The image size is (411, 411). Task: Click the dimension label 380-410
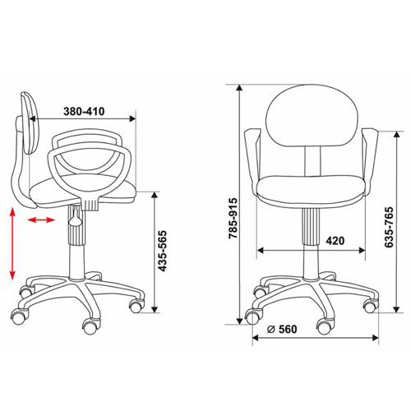(84, 112)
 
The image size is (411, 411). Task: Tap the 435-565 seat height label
(163, 251)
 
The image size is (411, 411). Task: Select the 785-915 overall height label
(233, 218)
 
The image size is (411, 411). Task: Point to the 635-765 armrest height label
(389, 227)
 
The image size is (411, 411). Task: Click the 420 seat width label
(335, 241)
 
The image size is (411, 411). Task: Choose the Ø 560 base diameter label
(282, 329)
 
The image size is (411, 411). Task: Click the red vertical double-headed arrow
(12, 244)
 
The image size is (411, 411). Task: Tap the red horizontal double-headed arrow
(41, 219)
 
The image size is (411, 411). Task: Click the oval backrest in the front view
(312, 115)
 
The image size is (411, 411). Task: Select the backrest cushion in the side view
(31, 123)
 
